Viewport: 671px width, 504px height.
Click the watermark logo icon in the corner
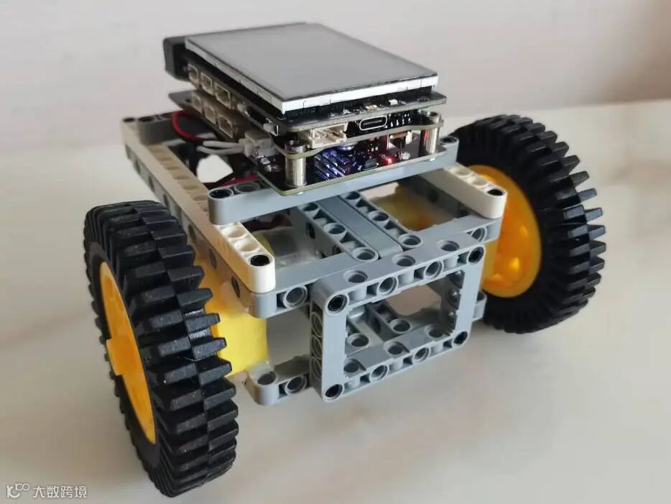(x=19, y=491)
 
